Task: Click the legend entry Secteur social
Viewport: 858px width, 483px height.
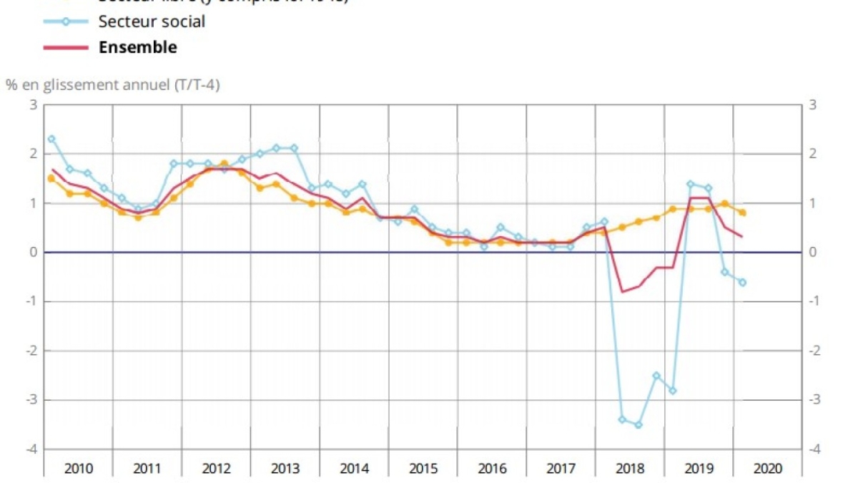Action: (152, 21)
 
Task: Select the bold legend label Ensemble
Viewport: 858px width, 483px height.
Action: (137, 48)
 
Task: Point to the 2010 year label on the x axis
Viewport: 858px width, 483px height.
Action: (78, 469)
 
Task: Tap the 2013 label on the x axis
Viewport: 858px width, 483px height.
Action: (285, 469)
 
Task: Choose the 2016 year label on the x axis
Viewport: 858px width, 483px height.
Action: (492, 469)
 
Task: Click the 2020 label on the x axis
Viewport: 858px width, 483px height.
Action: (768, 469)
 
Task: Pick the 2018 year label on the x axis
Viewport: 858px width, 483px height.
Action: (630, 469)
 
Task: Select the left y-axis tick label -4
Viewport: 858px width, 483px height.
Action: (31, 449)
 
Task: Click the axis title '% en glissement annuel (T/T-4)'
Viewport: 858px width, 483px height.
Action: (113, 85)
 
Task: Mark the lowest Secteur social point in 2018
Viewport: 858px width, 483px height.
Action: (638, 424)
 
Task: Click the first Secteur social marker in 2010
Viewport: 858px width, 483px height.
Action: (51, 139)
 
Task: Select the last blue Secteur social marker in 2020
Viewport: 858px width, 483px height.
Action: (742, 282)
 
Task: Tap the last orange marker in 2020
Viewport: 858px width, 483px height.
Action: (743, 213)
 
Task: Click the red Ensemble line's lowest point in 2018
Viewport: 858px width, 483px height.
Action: (621, 291)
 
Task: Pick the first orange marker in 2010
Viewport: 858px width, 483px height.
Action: (51, 178)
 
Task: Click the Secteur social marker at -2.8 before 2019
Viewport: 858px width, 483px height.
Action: (673, 390)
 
